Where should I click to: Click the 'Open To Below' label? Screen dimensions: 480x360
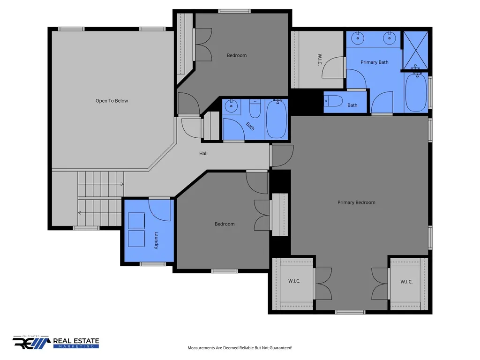click(112, 101)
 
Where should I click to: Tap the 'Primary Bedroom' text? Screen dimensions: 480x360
click(356, 202)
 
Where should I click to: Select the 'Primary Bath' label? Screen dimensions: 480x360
click(375, 62)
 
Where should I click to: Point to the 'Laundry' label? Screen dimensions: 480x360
click(156, 240)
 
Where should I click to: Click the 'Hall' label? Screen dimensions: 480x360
click(203, 153)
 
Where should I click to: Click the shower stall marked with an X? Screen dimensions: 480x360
click(415, 51)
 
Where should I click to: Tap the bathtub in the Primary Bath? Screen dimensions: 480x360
click(416, 92)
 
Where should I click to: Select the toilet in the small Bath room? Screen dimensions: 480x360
click(333, 101)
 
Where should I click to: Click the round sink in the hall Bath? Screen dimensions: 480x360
click(231, 107)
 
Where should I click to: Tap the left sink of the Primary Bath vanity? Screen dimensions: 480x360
click(358, 38)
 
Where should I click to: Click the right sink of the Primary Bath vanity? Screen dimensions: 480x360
click(390, 38)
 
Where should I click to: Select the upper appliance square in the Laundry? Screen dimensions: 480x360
click(136, 221)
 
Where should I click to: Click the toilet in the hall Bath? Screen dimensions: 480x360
click(255, 108)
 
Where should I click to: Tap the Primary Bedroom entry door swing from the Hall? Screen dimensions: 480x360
click(283, 156)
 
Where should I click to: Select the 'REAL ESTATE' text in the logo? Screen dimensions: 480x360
click(76, 341)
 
